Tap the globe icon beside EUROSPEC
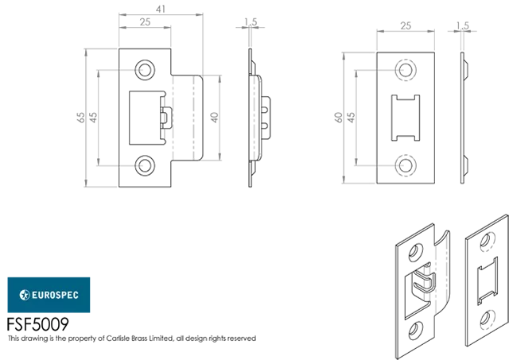(x=24, y=295)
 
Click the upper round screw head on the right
(x=405, y=70)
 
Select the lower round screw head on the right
(x=405, y=165)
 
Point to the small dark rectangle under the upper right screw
(x=406, y=92)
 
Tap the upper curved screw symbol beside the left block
(x=140, y=70)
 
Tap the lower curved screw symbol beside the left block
(x=140, y=165)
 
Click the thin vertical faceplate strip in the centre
(x=254, y=117)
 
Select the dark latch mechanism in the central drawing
(x=167, y=117)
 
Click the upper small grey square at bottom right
(x=485, y=239)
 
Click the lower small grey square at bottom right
(x=485, y=317)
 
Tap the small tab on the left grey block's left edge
(x=80, y=117)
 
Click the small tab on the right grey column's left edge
(x=334, y=117)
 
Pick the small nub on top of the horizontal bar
(x=159, y=3)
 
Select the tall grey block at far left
(x=99, y=117)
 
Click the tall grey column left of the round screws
(x=356, y=117)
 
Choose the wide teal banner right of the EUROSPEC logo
(x=243, y=295)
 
